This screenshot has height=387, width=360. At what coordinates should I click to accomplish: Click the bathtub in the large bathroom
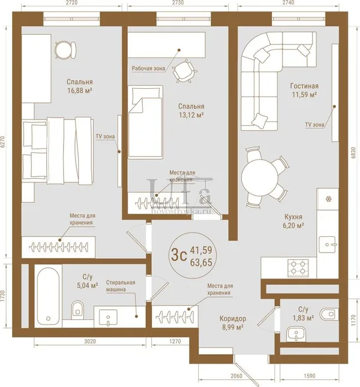[x=48, y=296]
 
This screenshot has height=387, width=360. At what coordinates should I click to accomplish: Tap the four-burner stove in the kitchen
[x=298, y=268]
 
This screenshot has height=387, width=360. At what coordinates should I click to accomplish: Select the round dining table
[x=260, y=178]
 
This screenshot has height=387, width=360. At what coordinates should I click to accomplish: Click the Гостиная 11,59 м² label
[x=304, y=90]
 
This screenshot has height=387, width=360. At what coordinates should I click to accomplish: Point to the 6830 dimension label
[x=353, y=152]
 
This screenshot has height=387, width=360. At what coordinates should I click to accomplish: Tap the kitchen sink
[x=328, y=244]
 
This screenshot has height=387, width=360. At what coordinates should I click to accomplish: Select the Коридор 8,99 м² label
[x=233, y=323]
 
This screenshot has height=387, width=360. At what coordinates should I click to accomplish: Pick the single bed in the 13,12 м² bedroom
[x=145, y=122]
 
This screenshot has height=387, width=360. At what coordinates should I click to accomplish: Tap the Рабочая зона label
[x=148, y=68]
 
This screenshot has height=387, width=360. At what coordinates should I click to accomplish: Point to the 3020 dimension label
[x=90, y=341]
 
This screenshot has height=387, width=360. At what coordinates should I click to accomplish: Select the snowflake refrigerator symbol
[x=328, y=199]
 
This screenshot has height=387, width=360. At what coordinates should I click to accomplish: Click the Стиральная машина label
[x=121, y=286]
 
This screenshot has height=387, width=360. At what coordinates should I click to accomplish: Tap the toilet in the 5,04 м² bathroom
[x=77, y=310]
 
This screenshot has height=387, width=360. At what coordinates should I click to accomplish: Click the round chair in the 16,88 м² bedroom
[x=65, y=50]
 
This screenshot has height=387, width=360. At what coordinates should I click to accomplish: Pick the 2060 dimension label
[x=236, y=376]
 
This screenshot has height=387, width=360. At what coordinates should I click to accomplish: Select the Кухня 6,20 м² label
[x=293, y=221]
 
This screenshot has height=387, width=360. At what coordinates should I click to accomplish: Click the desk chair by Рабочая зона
[x=185, y=71]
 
